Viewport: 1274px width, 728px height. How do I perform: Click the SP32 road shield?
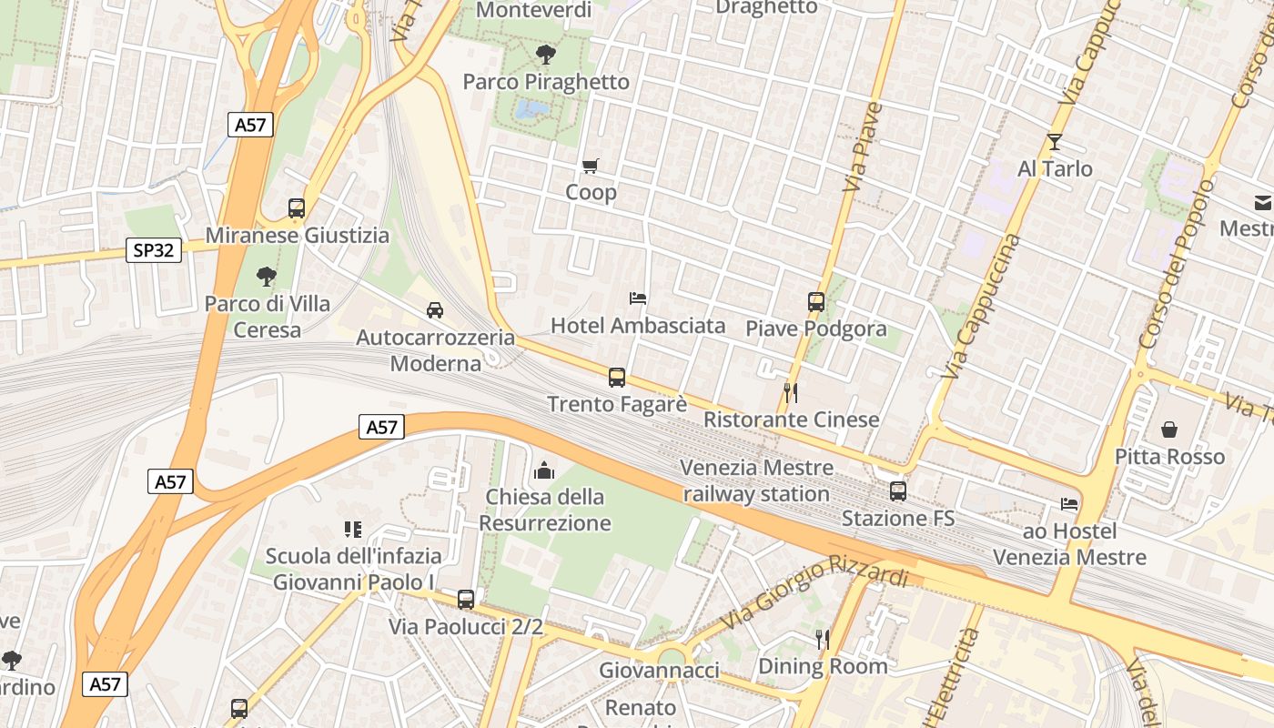(x=153, y=250)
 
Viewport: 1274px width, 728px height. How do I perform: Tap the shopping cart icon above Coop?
(x=591, y=166)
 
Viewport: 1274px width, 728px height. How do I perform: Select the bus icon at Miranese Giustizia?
(x=297, y=207)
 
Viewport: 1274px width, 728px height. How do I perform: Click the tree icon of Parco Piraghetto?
(x=546, y=54)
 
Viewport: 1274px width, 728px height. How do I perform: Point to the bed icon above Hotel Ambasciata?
(x=638, y=298)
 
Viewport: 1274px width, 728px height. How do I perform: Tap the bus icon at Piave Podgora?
(x=816, y=301)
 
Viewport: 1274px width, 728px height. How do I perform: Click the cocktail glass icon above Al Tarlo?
(x=1055, y=142)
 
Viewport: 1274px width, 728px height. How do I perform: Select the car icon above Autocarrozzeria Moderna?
(x=435, y=310)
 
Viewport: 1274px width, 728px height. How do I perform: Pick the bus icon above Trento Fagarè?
(x=617, y=377)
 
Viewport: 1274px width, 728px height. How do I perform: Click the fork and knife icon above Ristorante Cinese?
(x=791, y=392)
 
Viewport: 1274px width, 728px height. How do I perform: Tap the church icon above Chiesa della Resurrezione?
(x=544, y=470)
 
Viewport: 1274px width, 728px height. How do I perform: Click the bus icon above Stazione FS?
(x=898, y=491)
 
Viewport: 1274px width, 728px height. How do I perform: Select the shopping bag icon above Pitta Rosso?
(x=1169, y=430)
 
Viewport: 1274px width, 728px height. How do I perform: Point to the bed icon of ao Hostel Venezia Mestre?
(x=1069, y=503)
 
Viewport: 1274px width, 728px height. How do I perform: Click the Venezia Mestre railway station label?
(x=756, y=480)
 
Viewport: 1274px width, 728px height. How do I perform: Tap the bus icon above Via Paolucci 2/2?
(x=466, y=599)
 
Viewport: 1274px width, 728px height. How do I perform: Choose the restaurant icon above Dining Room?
(x=823, y=639)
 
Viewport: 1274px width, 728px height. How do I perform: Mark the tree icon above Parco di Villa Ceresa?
(x=267, y=276)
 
